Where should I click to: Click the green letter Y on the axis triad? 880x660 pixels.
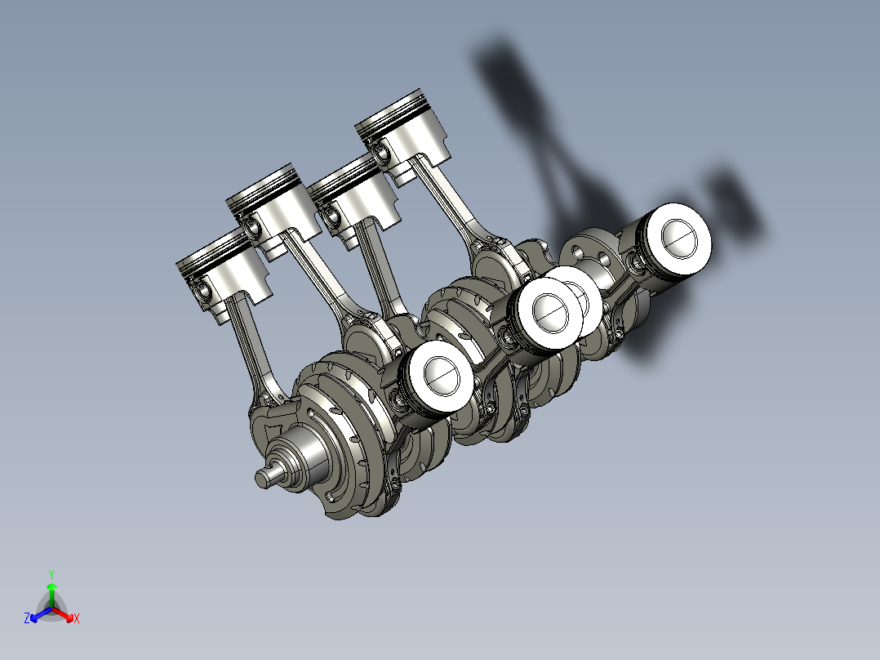click(x=51, y=573)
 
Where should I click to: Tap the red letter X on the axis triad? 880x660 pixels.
click(x=77, y=619)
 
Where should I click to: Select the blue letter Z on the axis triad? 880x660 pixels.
click(x=27, y=619)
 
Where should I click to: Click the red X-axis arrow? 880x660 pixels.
click(x=67, y=615)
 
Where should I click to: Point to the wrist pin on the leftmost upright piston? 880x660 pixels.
click(x=202, y=288)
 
